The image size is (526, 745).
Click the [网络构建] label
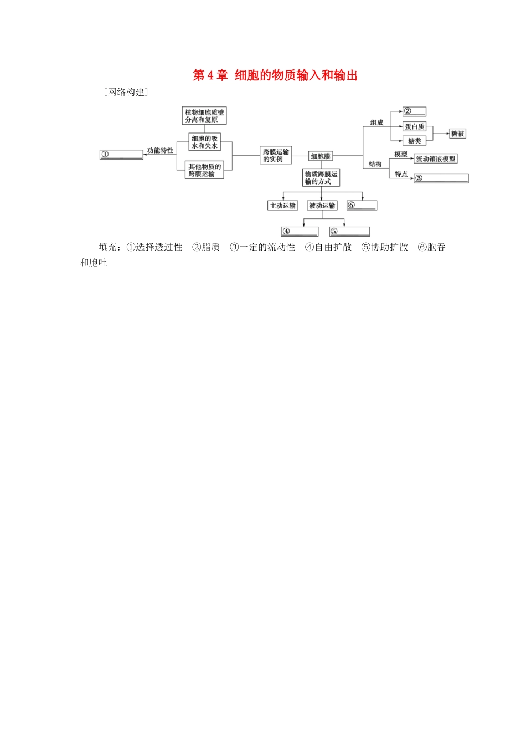(x=126, y=92)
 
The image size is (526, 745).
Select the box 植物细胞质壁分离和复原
(x=204, y=116)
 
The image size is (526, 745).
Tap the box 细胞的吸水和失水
(x=204, y=142)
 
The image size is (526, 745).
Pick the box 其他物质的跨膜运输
(x=204, y=170)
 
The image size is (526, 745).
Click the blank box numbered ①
(x=121, y=155)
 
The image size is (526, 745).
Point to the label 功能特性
(x=160, y=150)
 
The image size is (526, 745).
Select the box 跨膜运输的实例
(x=276, y=155)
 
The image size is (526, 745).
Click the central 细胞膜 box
(x=321, y=156)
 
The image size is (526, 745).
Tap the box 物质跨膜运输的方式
(x=321, y=178)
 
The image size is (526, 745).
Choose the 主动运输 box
(x=282, y=206)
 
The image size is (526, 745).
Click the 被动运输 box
(x=322, y=206)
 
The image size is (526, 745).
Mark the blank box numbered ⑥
(x=362, y=206)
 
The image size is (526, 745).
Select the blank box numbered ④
(x=300, y=232)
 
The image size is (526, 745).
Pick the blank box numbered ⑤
(x=349, y=232)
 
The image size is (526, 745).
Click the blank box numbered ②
(x=414, y=111)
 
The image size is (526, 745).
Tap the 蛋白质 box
(x=415, y=126)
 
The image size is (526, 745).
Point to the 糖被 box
(x=457, y=134)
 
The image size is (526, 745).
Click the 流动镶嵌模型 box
(x=436, y=159)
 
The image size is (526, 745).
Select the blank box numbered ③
(x=441, y=178)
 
